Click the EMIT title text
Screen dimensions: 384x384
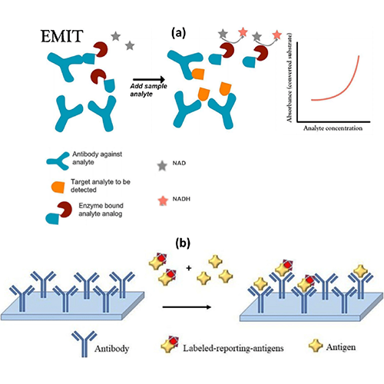(x=62, y=36)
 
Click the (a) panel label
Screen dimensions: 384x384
(x=178, y=32)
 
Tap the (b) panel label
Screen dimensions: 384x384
(x=183, y=243)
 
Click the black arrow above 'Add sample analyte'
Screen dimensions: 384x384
(x=149, y=80)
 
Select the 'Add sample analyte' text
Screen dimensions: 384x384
(x=148, y=90)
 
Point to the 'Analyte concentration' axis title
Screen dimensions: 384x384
(x=333, y=128)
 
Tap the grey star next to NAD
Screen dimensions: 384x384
(x=162, y=166)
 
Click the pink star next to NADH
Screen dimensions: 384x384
(x=163, y=201)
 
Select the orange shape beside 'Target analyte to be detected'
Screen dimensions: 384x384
(x=58, y=187)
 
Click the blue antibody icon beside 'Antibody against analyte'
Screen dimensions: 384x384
(x=58, y=161)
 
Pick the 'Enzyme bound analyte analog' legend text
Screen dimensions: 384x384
(x=101, y=210)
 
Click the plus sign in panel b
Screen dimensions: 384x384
(x=189, y=268)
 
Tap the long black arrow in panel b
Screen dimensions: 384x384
(x=187, y=307)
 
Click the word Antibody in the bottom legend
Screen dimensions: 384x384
(x=111, y=349)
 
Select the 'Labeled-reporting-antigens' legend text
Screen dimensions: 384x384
(x=233, y=348)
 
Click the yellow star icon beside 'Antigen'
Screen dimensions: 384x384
(x=316, y=346)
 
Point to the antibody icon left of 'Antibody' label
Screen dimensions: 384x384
(x=84, y=343)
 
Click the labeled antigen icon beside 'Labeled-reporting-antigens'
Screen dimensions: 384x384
(x=170, y=345)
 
